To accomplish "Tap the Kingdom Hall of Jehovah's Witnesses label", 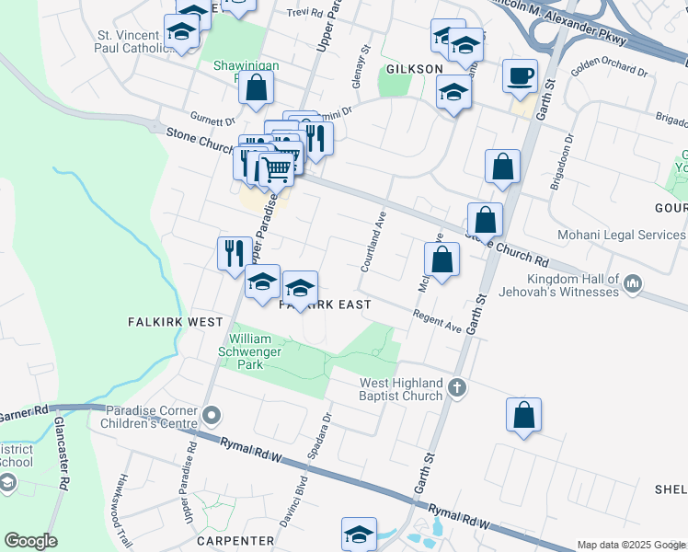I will (572, 285).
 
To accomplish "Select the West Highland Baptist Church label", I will (401, 389).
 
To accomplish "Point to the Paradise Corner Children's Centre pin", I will (212, 417).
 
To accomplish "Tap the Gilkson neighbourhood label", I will (415, 69).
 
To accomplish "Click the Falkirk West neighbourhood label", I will (175, 322).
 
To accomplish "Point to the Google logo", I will (30, 541).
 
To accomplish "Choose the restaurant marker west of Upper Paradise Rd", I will (233, 252).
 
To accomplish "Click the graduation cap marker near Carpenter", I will (359, 533).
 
